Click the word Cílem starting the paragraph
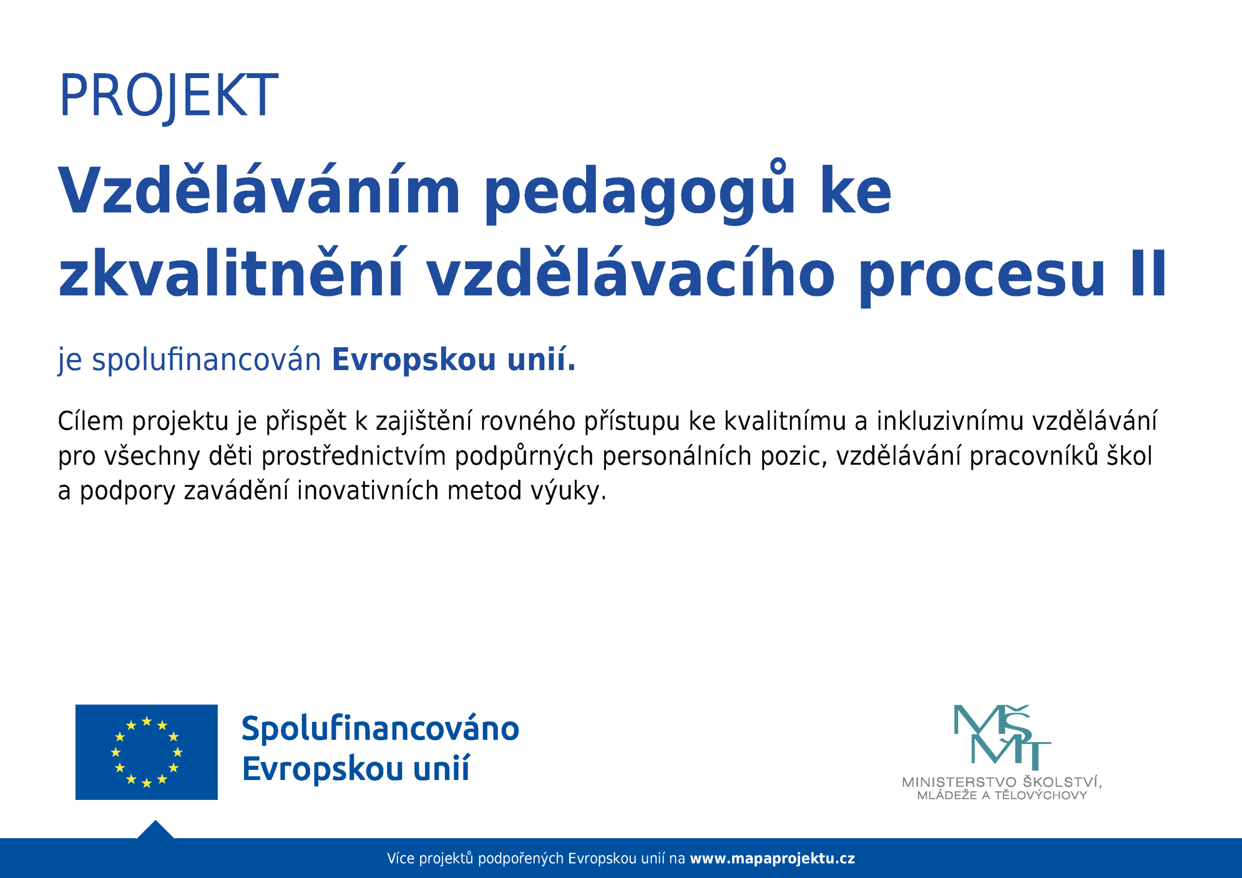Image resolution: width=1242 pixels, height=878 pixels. tap(90, 421)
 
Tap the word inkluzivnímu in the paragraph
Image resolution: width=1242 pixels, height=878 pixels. tap(950, 421)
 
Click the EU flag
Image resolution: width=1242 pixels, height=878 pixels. tap(146, 752)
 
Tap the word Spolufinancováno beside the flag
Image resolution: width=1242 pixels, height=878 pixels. tap(380, 729)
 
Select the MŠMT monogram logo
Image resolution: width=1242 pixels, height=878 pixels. tap(1002, 737)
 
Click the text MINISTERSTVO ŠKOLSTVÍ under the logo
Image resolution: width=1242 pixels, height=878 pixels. tap(1002, 781)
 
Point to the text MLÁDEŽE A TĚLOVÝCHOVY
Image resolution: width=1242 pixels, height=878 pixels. tap(1002, 795)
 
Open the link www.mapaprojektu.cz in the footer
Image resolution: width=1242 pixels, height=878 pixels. tap(772, 859)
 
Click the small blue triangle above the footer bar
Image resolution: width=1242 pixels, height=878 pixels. tap(155, 831)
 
